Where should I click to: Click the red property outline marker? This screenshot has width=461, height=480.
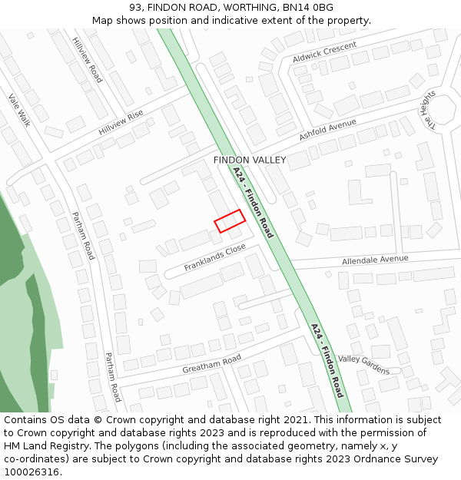pos(229,220)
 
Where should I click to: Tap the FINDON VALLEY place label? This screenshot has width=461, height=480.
pos(250,161)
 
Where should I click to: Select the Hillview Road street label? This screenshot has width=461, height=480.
pos(87,60)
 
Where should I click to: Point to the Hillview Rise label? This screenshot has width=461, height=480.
pos(121,123)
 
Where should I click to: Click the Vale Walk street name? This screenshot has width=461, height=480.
pos(19,110)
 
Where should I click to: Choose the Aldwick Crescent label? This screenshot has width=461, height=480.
pos(324,52)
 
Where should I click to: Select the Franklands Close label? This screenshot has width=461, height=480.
pos(214,257)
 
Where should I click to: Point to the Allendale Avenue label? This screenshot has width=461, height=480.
pos(375,260)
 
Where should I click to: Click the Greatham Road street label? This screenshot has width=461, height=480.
pos(211,364)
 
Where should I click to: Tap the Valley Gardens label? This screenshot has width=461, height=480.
pos(364,365)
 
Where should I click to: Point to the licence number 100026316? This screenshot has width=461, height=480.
pos(33,472)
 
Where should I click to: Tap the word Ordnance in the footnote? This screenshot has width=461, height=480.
pos(358,459)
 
